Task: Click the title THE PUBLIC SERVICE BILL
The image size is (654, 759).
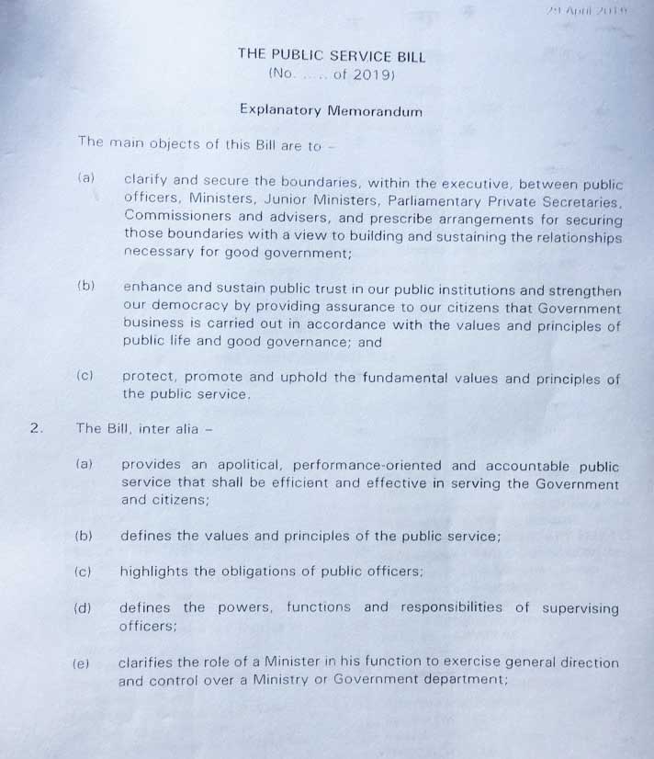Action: [331, 54]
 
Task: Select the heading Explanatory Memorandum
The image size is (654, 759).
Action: [331, 110]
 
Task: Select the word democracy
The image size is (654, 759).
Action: [185, 308]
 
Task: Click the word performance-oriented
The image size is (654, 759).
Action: [388, 466]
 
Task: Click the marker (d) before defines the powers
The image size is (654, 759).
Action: [83, 608]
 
